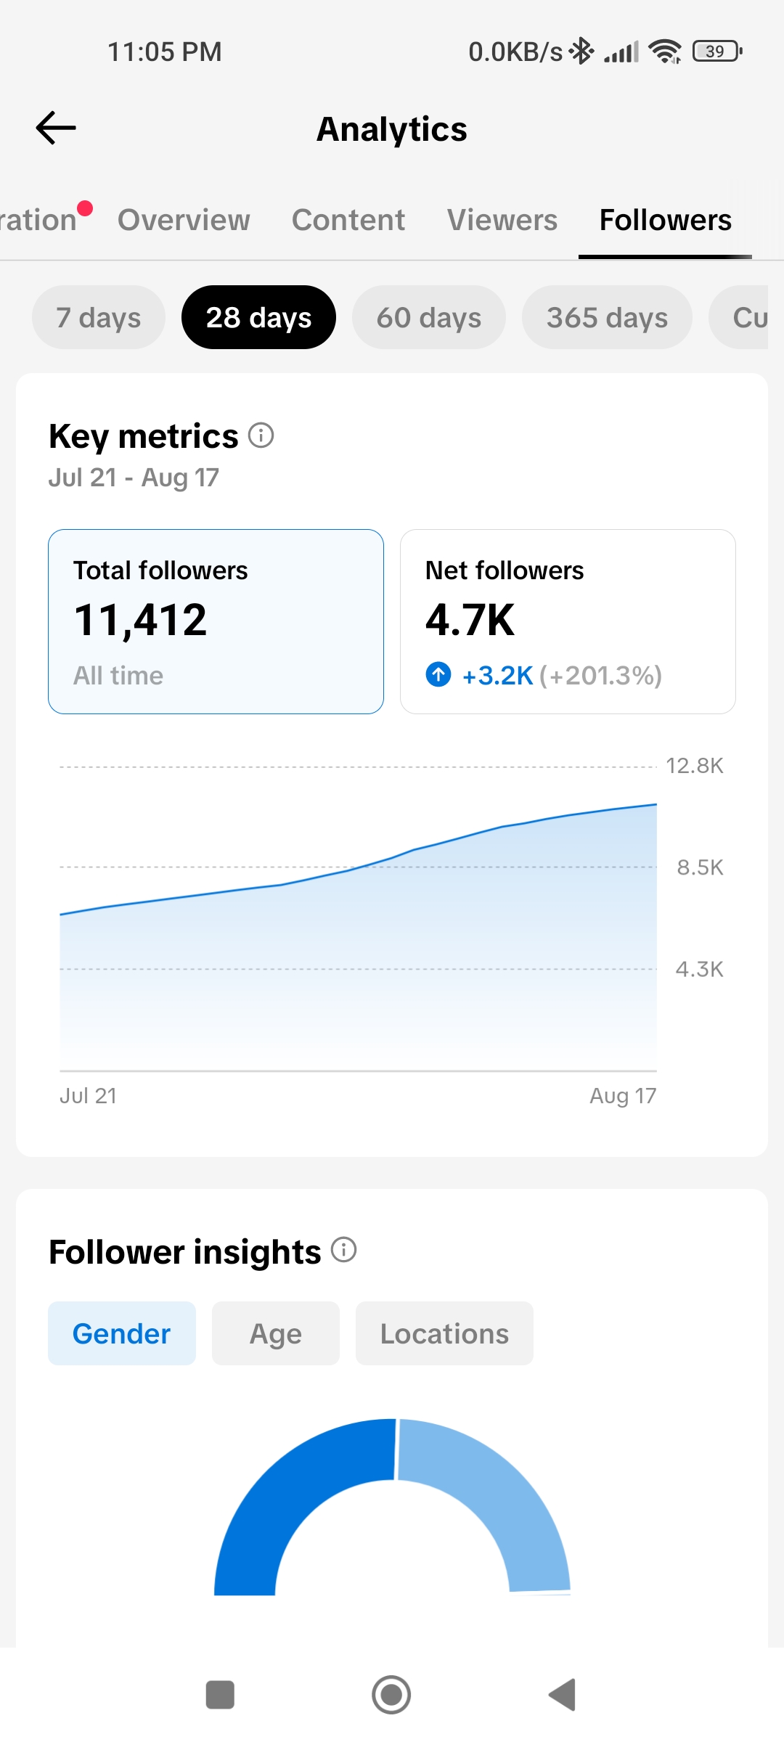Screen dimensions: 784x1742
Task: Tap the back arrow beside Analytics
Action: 56,128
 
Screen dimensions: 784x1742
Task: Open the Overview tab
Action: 184,220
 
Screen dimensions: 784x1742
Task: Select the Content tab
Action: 348,220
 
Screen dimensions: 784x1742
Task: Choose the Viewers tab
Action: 502,220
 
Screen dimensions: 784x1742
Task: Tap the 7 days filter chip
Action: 99,317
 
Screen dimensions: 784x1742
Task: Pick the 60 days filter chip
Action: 429,317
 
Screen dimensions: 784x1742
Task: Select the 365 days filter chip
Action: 607,317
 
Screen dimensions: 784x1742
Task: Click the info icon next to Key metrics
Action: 261,435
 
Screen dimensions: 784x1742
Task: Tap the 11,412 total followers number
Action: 140,621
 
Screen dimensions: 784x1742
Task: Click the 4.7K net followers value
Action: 470,621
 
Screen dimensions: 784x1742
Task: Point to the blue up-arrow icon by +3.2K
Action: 438,674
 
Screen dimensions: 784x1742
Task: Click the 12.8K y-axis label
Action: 695,766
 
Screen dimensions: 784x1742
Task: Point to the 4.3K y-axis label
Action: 700,969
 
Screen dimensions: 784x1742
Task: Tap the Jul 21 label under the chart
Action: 88,1095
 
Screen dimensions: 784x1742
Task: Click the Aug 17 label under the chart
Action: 623,1096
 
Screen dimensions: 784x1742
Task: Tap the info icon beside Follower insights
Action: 344,1250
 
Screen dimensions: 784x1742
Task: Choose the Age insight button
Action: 276,1333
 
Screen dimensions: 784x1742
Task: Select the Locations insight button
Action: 444,1333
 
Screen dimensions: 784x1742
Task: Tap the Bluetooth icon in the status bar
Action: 581,51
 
